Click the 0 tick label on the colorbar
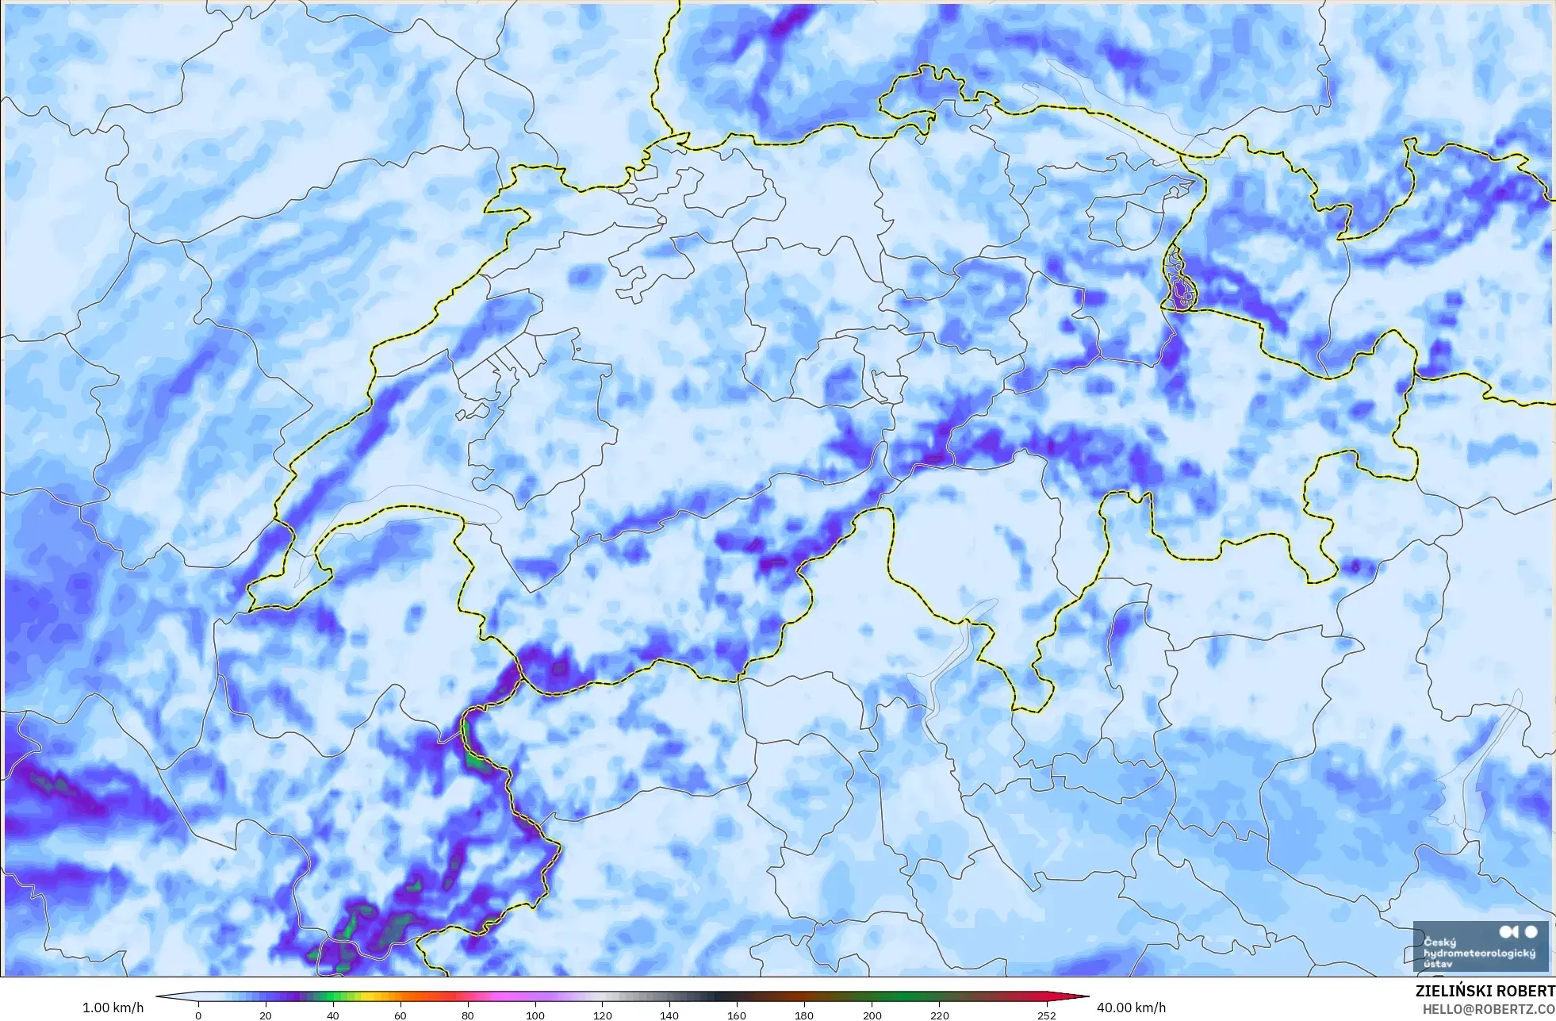198,1015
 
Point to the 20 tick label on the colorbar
266,1015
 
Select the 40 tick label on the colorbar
333,1015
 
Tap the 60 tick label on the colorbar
400,1015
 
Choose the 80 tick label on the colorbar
468,1015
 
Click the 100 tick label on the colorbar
535,1015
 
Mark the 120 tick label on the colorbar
603,1015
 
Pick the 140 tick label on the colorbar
669,1015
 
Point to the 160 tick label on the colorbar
737,1015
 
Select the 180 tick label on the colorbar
804,1015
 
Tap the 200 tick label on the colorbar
872,1015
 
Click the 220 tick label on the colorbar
939,1015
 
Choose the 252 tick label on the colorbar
1047,1015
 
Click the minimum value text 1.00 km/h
113,1008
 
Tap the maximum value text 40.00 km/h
1131,1008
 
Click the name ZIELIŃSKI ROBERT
1485,991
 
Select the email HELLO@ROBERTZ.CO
1489,1009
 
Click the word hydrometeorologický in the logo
1479,953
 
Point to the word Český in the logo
1439,942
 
